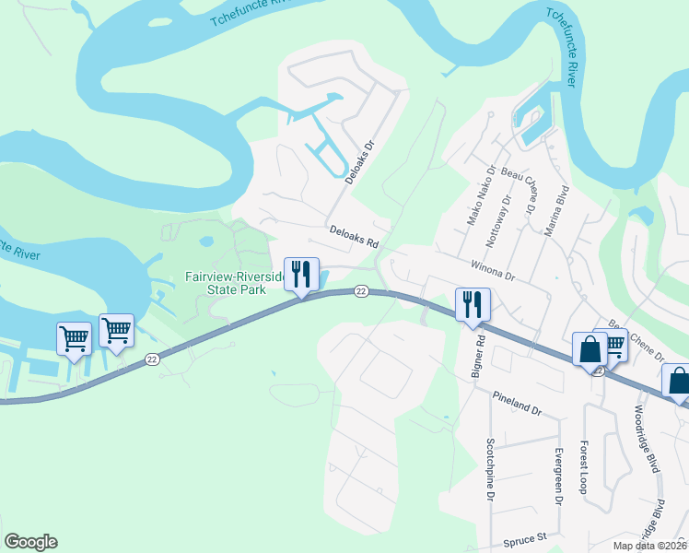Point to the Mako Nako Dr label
(x=480, y=195)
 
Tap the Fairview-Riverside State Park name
(x=226, y=282)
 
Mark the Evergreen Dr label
(x=558, y=477)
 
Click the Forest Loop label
(x=583, y=466)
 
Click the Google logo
(x=30, y=542)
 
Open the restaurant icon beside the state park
(x=301, y=275)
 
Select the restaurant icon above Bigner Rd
(x=473, y=305)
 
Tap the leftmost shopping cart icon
(x=74, y=337)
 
